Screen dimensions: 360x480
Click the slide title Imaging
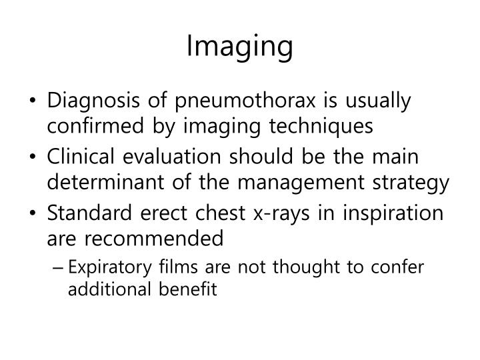pos(240,47)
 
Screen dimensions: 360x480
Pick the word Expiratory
pos(105,267)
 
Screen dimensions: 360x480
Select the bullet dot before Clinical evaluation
pos(33,158)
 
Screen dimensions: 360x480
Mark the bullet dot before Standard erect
pos(33,214)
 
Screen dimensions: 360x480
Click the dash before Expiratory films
pos(61,267)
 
